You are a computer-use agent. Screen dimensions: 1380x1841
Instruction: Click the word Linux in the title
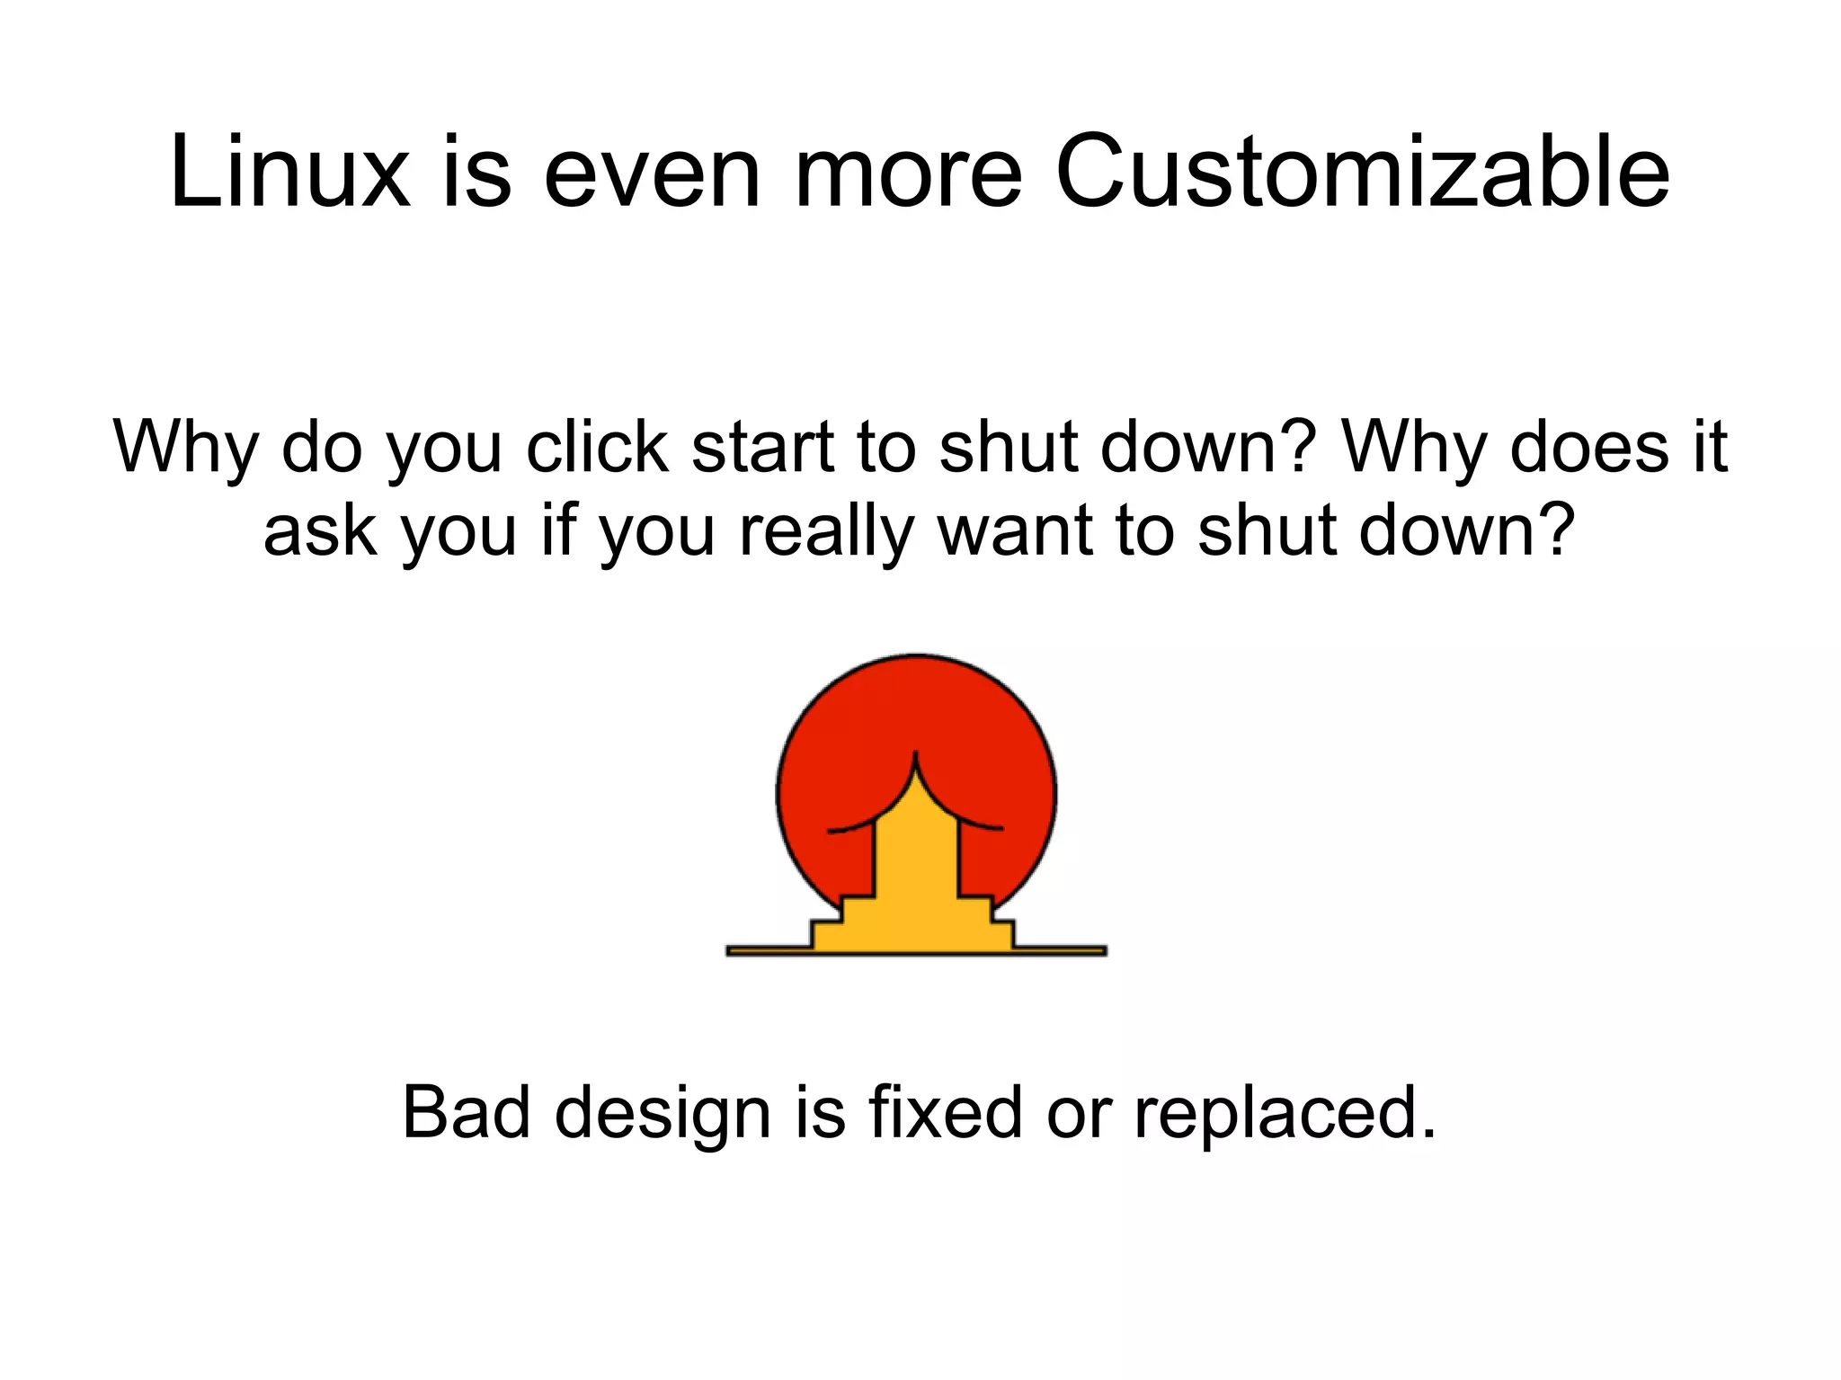(289, 172)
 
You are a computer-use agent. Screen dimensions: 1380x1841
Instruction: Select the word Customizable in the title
(1362, 172)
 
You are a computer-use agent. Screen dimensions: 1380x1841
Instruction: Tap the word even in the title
(652, 172)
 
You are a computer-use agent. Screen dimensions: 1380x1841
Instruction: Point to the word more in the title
(908, 172)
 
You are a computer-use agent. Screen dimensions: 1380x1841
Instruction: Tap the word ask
(319, 530)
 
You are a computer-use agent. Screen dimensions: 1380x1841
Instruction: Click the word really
(825, 532)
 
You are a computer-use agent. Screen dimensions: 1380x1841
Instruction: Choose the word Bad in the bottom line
(466, 1113)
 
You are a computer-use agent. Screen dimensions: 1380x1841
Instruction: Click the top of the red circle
(916, 655)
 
